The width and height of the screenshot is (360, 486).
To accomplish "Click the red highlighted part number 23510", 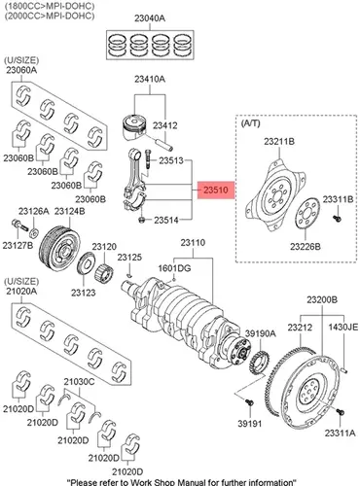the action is click(216, 191).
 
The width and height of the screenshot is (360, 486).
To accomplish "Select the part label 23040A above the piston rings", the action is click(150, 18).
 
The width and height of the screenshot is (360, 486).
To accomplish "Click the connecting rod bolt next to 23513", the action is click(148, 159).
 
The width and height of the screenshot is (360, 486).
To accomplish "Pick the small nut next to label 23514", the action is click(141, 220).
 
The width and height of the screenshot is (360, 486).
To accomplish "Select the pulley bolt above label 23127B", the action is click(20, 225).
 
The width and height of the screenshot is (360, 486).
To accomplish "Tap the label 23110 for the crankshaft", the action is click(193, 243).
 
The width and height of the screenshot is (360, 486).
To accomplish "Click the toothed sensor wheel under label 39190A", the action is click(259, 364).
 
